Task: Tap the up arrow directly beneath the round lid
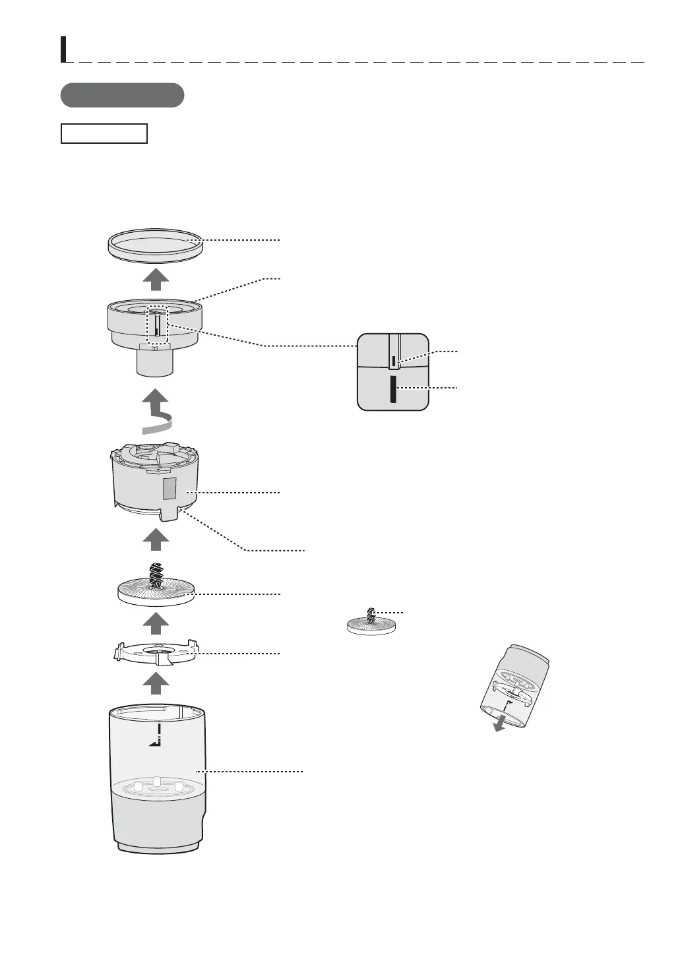tap(156, 280)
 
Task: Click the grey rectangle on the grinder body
tap(170, 489)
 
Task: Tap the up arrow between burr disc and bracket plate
tap(156, 622)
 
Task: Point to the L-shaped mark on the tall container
tap(156, 737)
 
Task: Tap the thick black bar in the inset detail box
tap(393, 390)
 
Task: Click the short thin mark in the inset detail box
tap(394, 361)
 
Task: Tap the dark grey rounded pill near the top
tap(122, 95)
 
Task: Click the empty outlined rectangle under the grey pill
tap(104, 133)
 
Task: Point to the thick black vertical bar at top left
tap(63, 49)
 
